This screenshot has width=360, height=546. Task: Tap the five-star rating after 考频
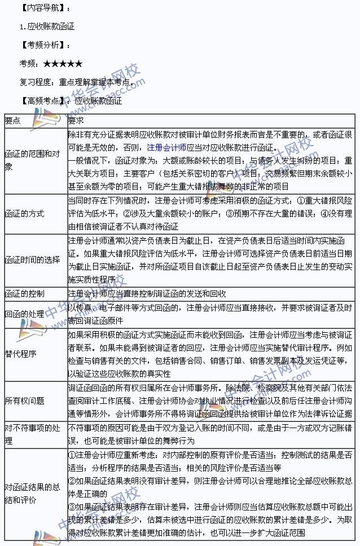pos(63,63)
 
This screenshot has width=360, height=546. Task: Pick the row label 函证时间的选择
pos(32,259)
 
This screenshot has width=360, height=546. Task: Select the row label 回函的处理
pos(24,313)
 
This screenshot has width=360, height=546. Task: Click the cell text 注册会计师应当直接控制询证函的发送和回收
pos(147,294)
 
